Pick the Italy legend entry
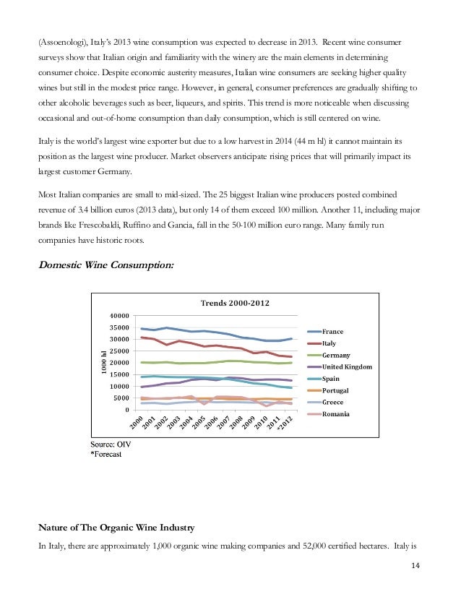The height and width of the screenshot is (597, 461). point(329,343)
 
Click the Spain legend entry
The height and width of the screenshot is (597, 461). point(331,378)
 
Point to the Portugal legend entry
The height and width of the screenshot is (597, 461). point(336,390)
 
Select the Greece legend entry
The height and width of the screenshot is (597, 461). point(332,402)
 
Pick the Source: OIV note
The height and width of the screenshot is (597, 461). point(110,442)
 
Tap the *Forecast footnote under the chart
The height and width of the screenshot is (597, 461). point(106,454)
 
